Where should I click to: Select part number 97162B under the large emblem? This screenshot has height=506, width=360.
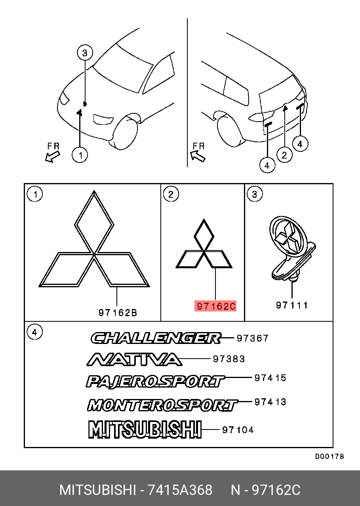pos(118,313)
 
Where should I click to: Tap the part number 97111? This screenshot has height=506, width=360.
pos(292,305)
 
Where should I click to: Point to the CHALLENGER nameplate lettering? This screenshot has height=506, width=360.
pos(156,338)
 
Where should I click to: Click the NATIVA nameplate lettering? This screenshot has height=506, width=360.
pos(134,359)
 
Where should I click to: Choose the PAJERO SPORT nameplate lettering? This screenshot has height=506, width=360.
pos(155,381)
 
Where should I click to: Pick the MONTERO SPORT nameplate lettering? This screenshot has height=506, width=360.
pos(163,405)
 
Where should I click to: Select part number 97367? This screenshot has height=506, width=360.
pos(252,338)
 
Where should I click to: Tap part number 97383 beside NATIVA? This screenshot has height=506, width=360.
pos(229,359)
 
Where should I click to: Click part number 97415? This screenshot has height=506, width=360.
pos(270,378)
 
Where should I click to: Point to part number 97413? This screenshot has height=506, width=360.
pos(270,402)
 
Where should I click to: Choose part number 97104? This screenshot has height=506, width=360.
pos(238,430)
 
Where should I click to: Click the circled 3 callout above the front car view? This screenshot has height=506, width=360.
pos(85,53)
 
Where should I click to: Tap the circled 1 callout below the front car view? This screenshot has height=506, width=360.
pos(80,155)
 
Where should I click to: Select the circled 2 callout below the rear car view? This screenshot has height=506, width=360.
pos(284,155)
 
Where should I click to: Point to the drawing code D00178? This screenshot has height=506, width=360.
pos(330,456)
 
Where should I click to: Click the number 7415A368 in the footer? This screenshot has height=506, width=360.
pos(180,490)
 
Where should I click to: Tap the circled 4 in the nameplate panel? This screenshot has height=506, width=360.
pos(34,332)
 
